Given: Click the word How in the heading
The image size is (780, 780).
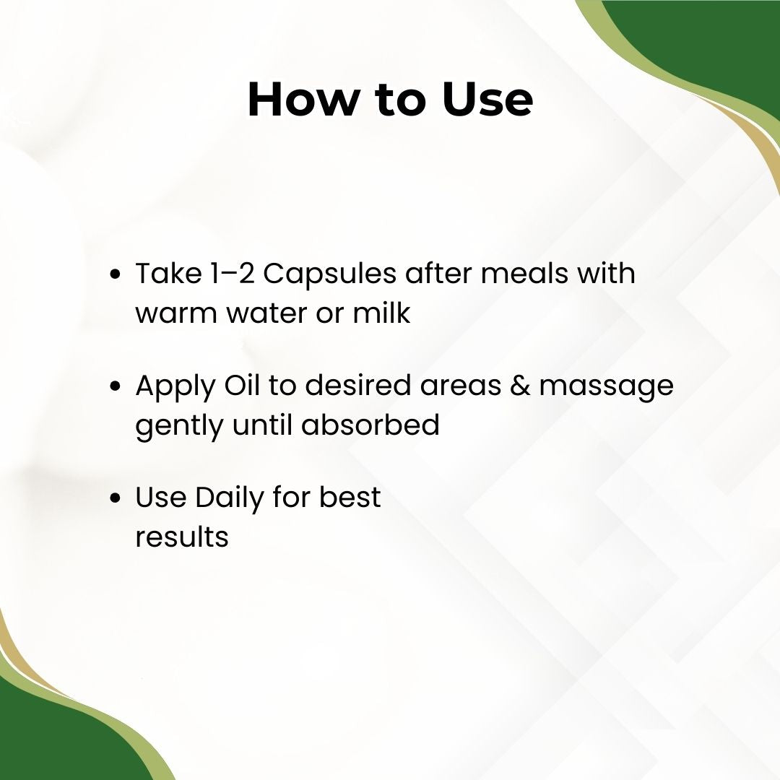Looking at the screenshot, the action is tap(302, 99).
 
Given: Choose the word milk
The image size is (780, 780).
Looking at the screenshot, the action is tap(381, 313).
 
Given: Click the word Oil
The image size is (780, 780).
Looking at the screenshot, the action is tap(242, 385).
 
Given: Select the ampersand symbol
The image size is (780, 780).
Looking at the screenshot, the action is tap(520, 386).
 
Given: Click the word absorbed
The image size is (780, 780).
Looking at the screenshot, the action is tap(370, 425).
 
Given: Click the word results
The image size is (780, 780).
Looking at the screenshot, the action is tap(182, 537).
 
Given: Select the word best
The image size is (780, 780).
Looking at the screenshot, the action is tap(350, 497).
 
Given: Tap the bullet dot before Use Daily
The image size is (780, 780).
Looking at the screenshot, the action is tap(116, 498).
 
